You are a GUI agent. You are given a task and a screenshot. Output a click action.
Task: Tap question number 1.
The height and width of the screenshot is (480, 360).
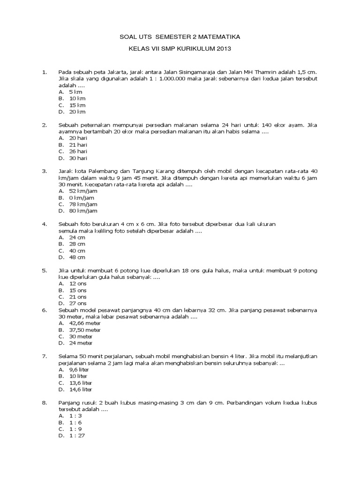45,72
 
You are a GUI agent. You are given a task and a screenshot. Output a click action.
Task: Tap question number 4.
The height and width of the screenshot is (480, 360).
45,224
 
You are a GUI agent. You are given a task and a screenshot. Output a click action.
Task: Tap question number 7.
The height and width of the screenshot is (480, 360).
45,356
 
